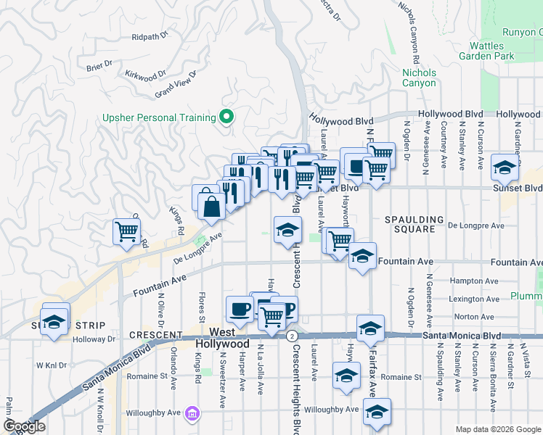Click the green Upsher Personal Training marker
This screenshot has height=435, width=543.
click(226, 117)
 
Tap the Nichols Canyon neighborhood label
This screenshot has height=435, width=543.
click(420, 78)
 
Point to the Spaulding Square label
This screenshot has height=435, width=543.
click(414, 224)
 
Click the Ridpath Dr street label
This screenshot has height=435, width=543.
click(150, 36)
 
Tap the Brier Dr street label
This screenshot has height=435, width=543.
click(99, 65)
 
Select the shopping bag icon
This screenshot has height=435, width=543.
click(211, 207)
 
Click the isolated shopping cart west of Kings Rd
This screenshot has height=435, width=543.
click(126, 232)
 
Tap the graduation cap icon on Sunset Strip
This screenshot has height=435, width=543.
click(54, 321)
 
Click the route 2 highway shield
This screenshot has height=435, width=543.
click(291, 336)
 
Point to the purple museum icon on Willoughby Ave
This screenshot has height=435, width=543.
click(192, 414)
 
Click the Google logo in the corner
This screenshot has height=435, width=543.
click(24, 426)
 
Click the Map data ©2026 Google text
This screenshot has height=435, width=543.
click(497, 429)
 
